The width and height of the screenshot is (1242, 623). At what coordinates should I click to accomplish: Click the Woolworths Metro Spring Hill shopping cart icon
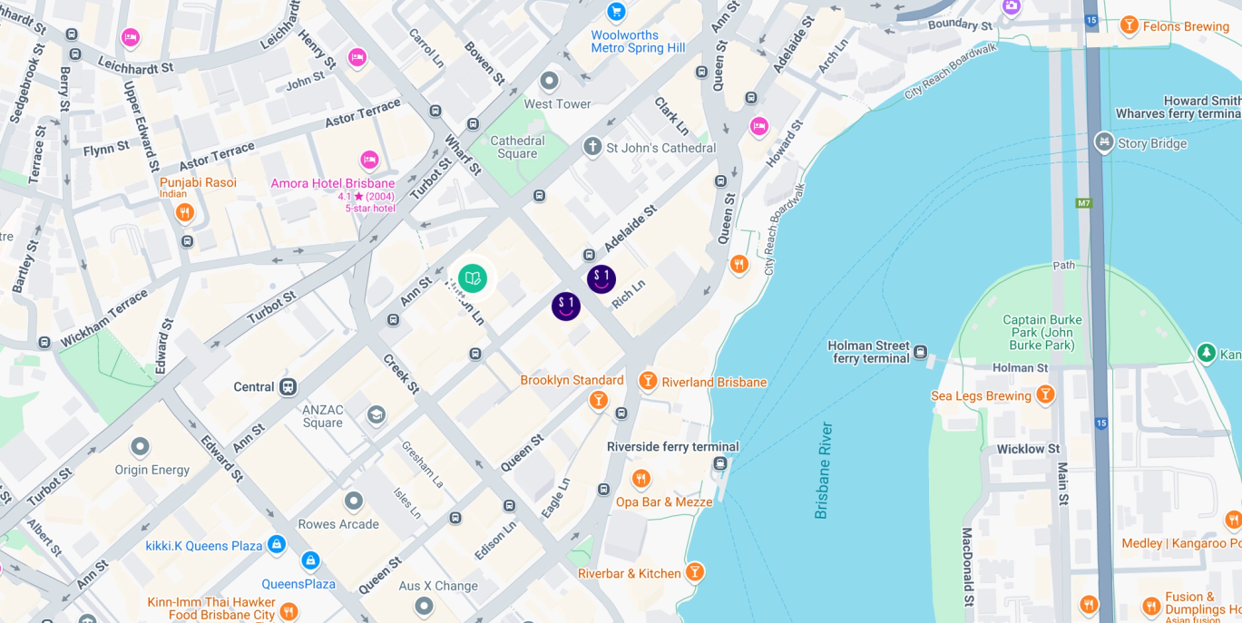(x=616, y=12)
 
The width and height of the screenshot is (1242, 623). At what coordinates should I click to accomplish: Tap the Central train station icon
(x=288, y=387)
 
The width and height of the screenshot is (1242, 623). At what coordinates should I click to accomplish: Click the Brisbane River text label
(x=823, y=470)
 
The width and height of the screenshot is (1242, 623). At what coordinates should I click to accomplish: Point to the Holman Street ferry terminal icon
(x=921, y=352)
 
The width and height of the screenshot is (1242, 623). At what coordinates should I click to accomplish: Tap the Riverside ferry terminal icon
(x=720, y=463)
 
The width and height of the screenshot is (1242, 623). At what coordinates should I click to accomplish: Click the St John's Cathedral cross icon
(x=592, y=147)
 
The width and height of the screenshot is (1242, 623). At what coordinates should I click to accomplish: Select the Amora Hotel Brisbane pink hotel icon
(x=369, y=161)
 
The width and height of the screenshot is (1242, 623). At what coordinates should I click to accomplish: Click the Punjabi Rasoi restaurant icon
(x=185, y=212)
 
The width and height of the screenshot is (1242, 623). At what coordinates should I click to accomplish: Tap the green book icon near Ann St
(x=473, y=278)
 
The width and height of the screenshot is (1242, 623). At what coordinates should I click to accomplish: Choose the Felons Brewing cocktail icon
(x=1130, y=25)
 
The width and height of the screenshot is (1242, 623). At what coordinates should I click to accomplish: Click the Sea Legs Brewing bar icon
(x=1046, y=394)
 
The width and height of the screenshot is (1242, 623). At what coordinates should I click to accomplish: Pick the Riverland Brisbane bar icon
(x=648, y=381)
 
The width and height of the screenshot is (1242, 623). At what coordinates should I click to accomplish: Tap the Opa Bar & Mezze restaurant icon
(x=641, y=479)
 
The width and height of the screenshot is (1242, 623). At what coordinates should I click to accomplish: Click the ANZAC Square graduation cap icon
(x=376, y=415)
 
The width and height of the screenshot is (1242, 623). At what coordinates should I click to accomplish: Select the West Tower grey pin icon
(x=549, y=82)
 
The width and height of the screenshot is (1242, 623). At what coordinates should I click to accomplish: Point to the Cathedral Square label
(x=517, y=147)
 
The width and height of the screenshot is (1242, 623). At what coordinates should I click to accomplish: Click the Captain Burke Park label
(x=1042, y=332)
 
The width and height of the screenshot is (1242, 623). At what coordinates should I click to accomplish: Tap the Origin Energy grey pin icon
(x=140, y=447)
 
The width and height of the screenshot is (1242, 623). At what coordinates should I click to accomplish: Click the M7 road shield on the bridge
(x=1084, y=202)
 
